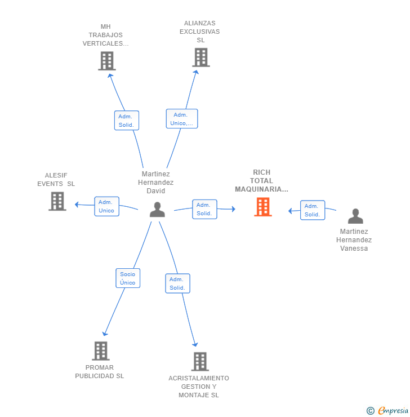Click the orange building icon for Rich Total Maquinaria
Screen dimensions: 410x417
point(263,207)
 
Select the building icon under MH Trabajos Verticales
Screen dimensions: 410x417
point(107,61)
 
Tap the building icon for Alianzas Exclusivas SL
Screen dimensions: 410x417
point(201,57)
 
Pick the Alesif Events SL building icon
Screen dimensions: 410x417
point(57,201)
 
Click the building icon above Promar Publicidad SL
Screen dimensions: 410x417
point(101,351)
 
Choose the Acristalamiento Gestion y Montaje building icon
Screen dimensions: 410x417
point(200,362)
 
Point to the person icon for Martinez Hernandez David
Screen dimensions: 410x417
point(157,210)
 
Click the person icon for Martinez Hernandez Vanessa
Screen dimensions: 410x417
point(355,216)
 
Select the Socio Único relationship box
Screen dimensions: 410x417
point(128,278)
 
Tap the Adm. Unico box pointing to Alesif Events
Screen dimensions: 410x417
point(106,206)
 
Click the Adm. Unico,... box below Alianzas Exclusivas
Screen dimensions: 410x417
point(182,118)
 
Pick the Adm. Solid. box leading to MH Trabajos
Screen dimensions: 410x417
point(127,121)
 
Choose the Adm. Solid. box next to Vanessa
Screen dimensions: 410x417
point(313,210)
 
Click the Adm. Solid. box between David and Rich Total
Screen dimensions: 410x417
point(204,209)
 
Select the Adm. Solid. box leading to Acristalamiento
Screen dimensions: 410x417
point(177,283)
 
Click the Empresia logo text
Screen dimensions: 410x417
point(393,411)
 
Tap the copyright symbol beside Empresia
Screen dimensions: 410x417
point(371,411)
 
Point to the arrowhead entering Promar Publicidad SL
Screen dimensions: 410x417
point(105,334)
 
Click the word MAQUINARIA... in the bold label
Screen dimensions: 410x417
point(261,189)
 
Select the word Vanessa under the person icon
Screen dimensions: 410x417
point(354,249)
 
